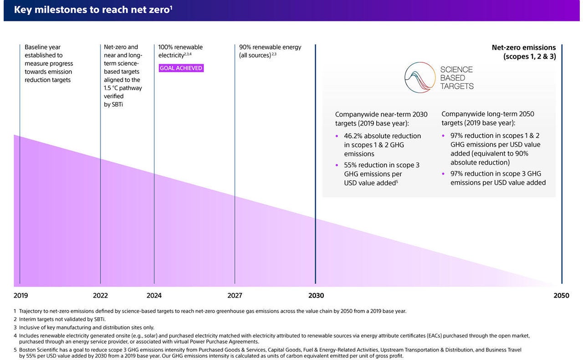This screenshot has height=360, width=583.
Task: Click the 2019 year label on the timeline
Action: (20, 295)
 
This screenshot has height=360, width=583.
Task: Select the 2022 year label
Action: (100, 295)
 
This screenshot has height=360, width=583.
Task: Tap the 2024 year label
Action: (154, 295)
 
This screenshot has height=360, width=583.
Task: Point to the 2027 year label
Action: (235, 295)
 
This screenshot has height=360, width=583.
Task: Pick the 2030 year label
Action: (316, 295)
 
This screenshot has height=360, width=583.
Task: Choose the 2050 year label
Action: (561, 295)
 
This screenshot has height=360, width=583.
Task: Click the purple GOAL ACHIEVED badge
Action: (181, 68)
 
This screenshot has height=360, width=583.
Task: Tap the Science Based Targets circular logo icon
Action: (420, 77)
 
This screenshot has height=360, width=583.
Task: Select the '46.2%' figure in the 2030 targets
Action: (353, 136)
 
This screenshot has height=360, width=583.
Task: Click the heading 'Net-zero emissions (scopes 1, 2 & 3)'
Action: (524, 52)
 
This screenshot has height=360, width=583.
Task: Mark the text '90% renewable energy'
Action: (270, 47)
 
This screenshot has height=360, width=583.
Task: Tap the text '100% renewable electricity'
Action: (180, 51)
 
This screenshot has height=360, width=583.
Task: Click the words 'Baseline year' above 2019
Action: (42, 47)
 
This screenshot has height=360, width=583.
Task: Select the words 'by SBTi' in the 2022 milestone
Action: (114, 105)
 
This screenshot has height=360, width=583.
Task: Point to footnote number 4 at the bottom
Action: (15, 335)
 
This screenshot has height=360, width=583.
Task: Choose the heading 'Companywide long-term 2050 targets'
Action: (488, 118)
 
